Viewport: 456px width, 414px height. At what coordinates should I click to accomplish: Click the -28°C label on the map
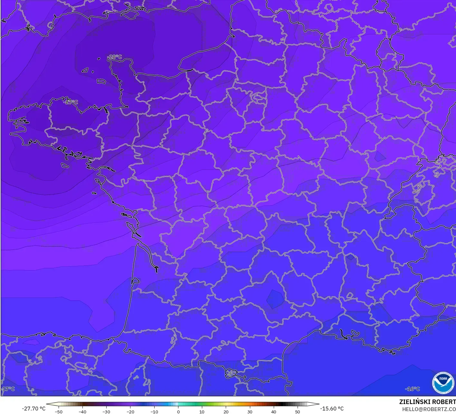pos(115,57)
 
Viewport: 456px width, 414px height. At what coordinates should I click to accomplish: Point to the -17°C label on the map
pos(8,389)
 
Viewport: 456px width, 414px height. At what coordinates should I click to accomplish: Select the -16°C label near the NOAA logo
pos(413,389)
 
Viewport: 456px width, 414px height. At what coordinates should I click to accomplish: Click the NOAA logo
pos(443,383)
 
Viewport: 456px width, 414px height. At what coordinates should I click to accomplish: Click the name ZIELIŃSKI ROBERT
pos(427,402)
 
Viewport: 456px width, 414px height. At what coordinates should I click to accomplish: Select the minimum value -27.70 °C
pos(33,409)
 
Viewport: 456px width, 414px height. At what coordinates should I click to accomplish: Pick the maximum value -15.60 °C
pos(332,409)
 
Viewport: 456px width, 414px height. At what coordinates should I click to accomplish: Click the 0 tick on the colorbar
pos(178,411)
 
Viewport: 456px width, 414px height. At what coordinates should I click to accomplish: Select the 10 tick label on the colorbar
pos(202,411)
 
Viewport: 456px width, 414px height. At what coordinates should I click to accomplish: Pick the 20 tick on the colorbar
pos(226,411)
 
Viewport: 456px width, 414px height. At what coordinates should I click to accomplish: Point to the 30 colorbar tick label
pos(250,411)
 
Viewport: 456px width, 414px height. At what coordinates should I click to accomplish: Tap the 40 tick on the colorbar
pos(273,411)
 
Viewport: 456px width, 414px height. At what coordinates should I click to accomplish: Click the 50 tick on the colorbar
pos(297,411)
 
